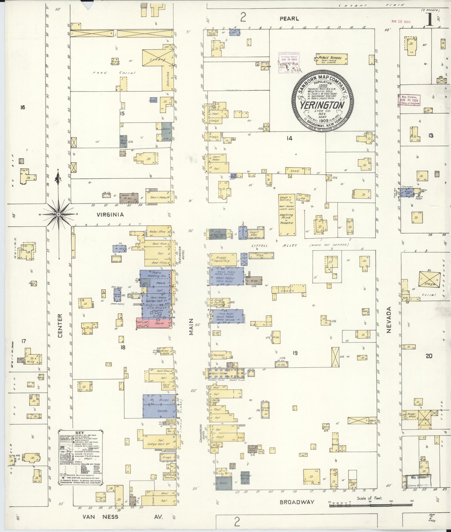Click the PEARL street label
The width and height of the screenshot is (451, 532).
[289, 19]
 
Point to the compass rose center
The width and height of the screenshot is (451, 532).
[58, 214]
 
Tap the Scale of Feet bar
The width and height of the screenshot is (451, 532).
[370, 505]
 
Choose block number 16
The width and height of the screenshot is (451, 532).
[22, 107]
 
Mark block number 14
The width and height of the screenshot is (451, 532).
[289, 138]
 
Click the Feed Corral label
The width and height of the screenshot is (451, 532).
[114, 73]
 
